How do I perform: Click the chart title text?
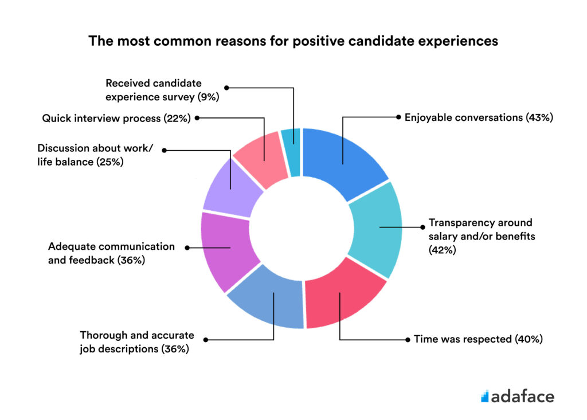[x=293, y=41]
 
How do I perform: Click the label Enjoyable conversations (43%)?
[x=478, y=117]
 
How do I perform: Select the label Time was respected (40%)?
[x=478, y=339]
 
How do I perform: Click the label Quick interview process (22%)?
[x=116, y=118]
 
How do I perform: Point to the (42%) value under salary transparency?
[x=443, y=250]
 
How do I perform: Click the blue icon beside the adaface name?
[x=484, y=395]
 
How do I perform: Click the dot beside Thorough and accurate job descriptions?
[x=206, y=339]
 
